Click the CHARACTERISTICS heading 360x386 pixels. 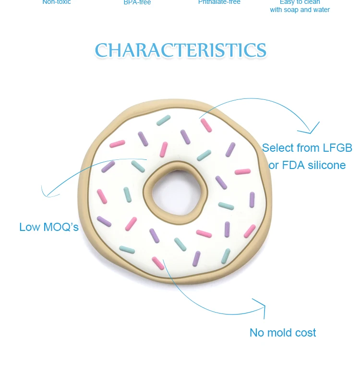coord(180,50)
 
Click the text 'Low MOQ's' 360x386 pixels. coord(49,227)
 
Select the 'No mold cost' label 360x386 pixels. coord(283,333)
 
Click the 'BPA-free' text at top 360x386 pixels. coord(137,2)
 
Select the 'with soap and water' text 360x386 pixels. coord(300,10)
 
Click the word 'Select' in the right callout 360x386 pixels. coord(278,148)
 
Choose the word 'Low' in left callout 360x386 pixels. coord(29,227)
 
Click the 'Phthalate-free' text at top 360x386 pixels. coord(219,2)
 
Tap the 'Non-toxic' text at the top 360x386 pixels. coord(57,2)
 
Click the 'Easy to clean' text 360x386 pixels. coord(300,2)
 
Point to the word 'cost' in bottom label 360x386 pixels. coord(305,333)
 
